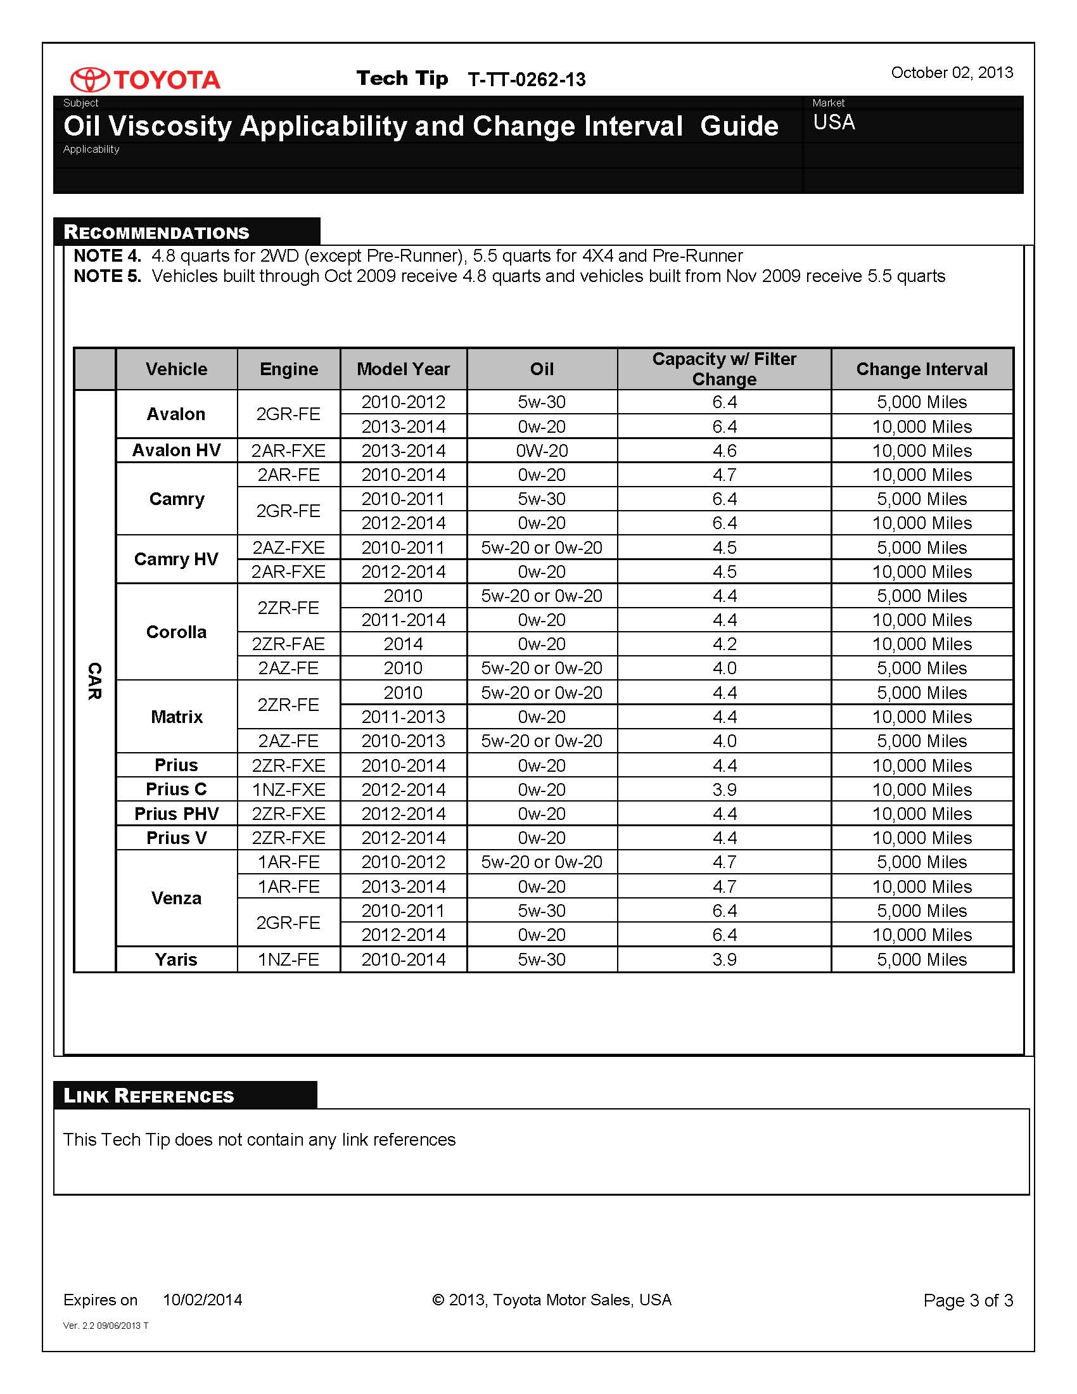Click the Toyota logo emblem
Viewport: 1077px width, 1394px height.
tap(89, 79)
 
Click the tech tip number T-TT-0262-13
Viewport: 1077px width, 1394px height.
tap(526, 80)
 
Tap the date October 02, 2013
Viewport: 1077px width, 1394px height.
tap(952, 73)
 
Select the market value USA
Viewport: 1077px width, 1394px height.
tap(834, 122)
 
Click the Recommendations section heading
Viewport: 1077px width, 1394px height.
tap(157, 233)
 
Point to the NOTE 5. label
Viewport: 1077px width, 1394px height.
tap(107, 276)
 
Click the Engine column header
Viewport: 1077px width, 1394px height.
tap(288, 369)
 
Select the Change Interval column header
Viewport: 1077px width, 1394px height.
tap(921, 369)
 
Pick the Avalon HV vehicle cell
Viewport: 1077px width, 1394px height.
tap(176, 451)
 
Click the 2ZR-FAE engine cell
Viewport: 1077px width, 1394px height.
tap(288, 644)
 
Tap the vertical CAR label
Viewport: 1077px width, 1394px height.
tap(94, 681)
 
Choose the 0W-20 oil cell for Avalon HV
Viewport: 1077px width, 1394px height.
tap(542, 451)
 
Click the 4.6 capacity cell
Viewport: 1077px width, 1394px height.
tap(724, 451)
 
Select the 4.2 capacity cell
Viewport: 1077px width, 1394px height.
tap(724, 644)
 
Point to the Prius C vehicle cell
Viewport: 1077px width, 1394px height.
tap(176, 790)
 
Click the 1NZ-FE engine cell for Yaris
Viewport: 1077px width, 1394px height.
tap(288, 959)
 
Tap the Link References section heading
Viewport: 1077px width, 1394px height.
tap(150, 1096)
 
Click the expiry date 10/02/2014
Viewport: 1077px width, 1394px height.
tap(202, 1300)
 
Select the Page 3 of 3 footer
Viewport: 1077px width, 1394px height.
tap(967, 1301)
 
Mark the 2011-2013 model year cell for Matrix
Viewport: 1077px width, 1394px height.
tap(403, 717)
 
